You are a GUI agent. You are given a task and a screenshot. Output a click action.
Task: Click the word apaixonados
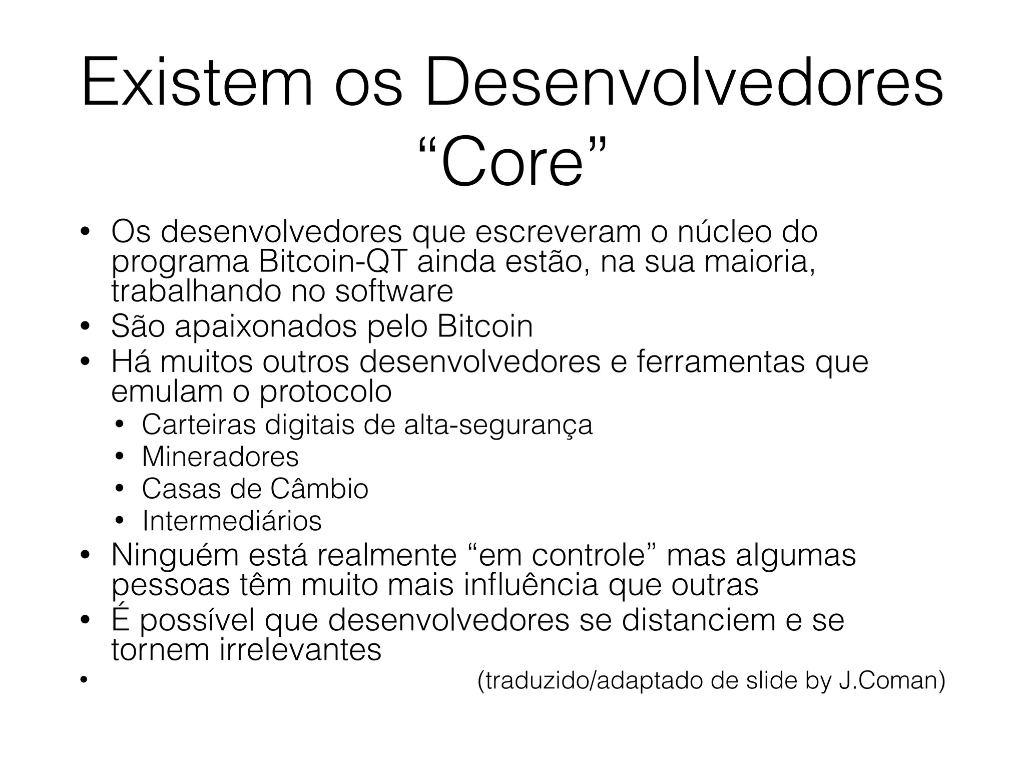point(266,326)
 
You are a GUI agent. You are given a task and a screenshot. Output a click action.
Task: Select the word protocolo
point(325,392)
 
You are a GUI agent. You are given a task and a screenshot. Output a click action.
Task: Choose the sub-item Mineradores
point(220,457)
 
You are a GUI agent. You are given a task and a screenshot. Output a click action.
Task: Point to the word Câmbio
point(319,489)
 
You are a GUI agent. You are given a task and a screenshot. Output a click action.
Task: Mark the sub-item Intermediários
point(232,521)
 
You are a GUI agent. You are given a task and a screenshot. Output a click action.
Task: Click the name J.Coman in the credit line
point(891,681)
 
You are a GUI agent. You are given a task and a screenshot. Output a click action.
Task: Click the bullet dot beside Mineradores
point(119,457)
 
